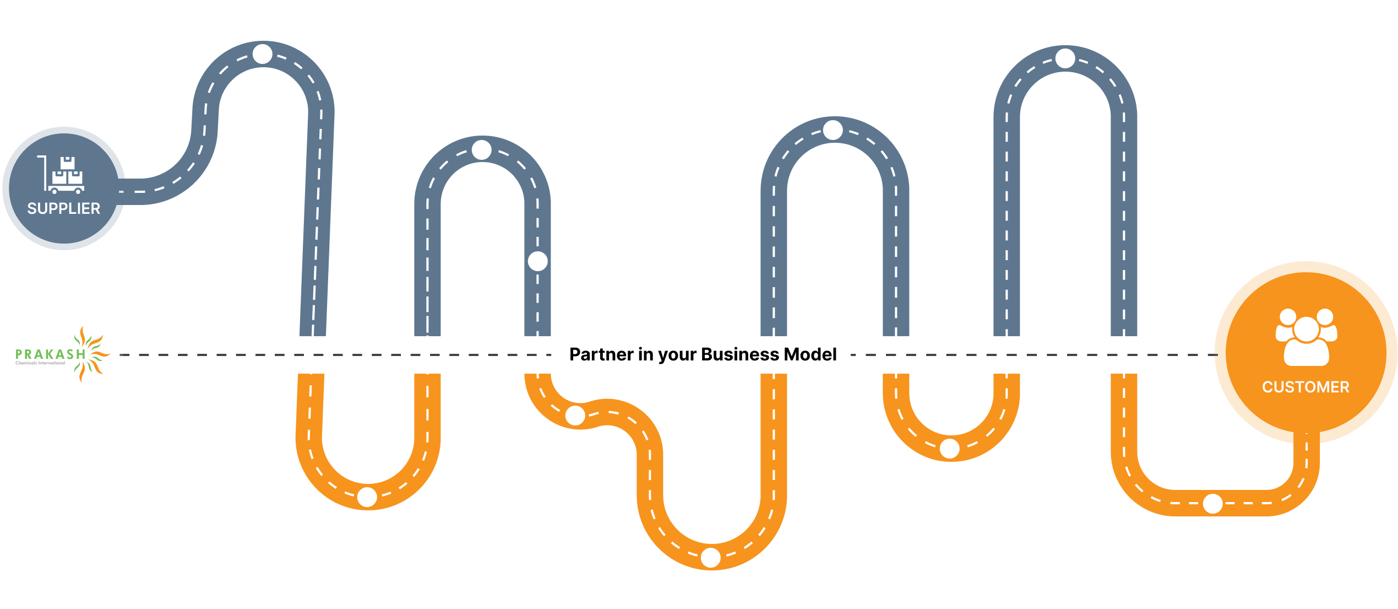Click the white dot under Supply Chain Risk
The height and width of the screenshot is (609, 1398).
pos(263,54)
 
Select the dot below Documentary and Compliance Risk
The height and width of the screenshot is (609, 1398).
pos(482,150)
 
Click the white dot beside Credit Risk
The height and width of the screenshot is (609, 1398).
pos(538,261)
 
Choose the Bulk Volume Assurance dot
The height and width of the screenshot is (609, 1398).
pos(833,130)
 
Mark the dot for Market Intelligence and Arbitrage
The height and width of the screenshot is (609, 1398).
pos(1065,58)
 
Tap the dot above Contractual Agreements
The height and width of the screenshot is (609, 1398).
pos(367,497)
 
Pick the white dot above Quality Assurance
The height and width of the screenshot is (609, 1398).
pos(575,416)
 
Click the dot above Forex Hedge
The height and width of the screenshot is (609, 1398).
pos(711,557)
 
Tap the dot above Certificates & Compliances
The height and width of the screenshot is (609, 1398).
pos(950,449)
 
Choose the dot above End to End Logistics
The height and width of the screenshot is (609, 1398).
pos(1213,503)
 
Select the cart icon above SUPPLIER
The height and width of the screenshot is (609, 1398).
pos(62,175)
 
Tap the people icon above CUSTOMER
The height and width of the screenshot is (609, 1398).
pos(1306,337)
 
